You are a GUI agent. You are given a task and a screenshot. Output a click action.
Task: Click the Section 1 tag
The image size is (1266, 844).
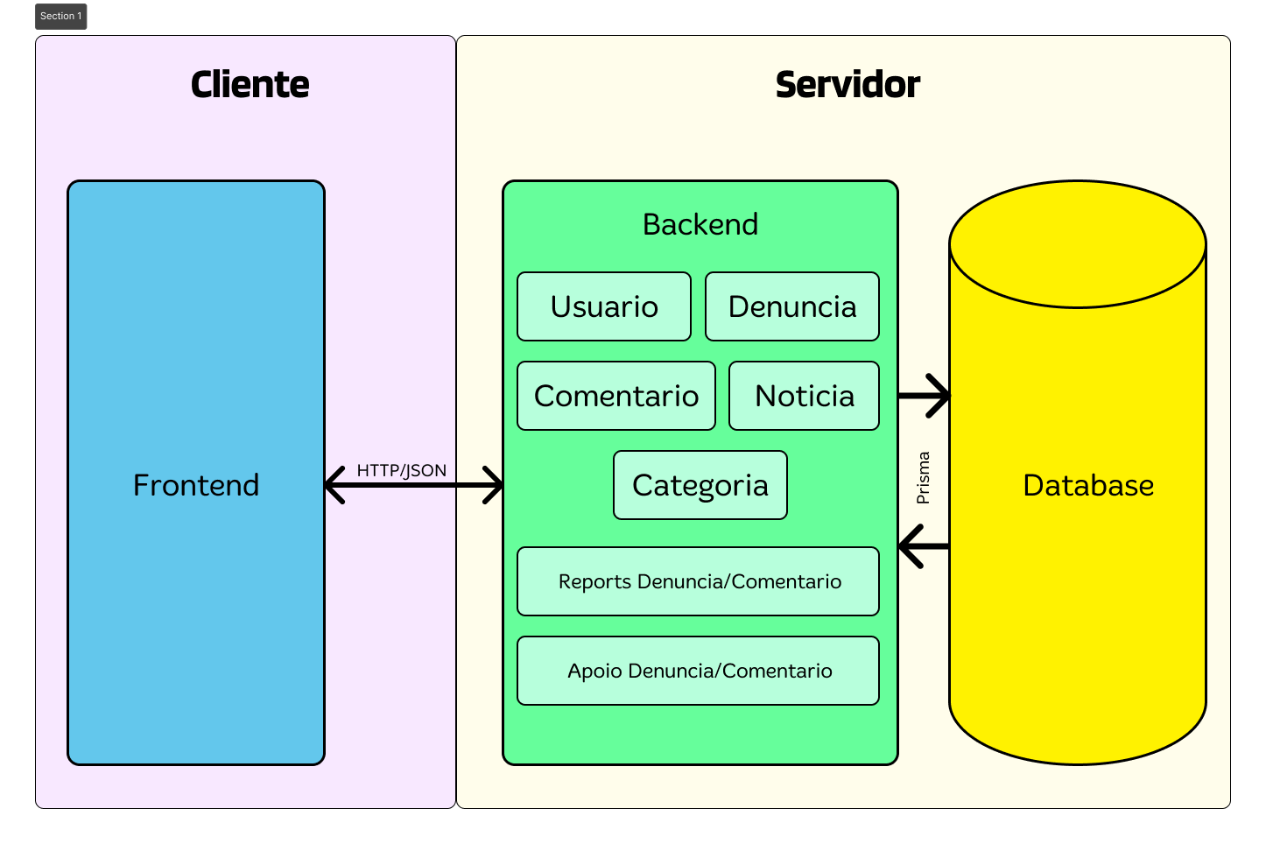tap(61, 17)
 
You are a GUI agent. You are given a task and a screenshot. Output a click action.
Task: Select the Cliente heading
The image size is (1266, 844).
tap(250, 85)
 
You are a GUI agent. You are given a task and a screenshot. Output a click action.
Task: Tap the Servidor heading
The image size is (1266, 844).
tap(847, 85)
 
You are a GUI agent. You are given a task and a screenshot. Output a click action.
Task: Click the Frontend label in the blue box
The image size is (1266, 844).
tap(196, 485)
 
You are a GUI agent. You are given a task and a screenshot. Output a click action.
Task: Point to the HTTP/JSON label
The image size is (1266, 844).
tap(401, 470)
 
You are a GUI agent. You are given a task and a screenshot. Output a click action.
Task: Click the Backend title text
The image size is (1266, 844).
tap(700, 224)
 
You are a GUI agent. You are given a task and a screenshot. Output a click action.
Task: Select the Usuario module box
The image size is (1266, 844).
tap(604, 306)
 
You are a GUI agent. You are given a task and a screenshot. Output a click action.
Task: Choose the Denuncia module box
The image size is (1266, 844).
tap(792, 306)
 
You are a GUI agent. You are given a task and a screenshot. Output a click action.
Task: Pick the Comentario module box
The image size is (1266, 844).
tap(616, 396)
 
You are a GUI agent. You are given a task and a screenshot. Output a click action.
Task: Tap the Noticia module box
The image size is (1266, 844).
tap(804, 396)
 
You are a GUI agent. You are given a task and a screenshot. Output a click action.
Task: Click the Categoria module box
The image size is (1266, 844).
tap(700, 485)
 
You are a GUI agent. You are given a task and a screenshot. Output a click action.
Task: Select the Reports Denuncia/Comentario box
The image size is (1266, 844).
tap(699, 581)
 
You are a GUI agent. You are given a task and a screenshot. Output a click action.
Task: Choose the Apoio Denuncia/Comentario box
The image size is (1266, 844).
tap(699, 671)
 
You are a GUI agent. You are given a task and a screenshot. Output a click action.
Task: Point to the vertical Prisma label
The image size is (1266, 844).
tap(923, 478)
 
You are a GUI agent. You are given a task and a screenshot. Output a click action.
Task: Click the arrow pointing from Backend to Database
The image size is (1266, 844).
tap(925, 396)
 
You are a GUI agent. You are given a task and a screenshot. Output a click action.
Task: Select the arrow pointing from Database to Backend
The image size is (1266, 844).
tap(923, 546)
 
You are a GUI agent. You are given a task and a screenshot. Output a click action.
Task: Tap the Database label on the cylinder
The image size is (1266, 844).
tap(1087, 485)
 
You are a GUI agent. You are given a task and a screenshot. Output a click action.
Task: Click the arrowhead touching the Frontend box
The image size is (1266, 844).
tap(334, 485)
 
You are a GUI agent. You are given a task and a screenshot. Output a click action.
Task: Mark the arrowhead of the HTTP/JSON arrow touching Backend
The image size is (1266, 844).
tap(495, 485)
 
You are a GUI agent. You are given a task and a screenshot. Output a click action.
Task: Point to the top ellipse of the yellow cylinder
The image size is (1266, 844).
tap(1078, 244)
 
